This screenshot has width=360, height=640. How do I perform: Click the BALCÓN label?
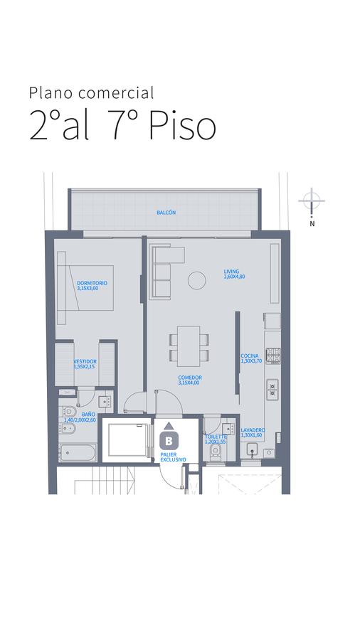[x=166, y=213]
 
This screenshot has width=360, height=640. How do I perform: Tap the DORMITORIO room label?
[x=92, y=283]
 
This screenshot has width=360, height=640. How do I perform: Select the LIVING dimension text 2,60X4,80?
[x=234, y=277]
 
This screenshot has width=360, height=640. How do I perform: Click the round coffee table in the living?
[x=197, y=280]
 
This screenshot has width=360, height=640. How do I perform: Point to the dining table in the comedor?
[x=189, y=346]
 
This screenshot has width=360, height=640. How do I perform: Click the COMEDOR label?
[x=190, y=378]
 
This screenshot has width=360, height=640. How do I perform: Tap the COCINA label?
[x=250, y=356]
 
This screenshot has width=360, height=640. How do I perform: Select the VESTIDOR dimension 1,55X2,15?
[x=85, y=366]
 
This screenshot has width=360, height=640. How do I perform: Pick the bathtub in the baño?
[x=78, y=453]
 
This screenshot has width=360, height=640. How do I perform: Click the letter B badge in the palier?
[x=169, y=440]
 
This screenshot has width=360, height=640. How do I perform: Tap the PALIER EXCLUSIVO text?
[x=173, y=457]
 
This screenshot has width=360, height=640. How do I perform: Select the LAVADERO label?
[x=253, y=430]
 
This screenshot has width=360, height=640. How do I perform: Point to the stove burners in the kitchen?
[x=273, y=355]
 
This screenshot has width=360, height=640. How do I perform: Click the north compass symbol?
[x=312, y=201]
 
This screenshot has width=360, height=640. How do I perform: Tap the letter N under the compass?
[x=312, y=224]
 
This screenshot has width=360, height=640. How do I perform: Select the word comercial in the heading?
[x=117, y=93]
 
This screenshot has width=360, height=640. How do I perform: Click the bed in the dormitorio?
[x=90, y=287]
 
